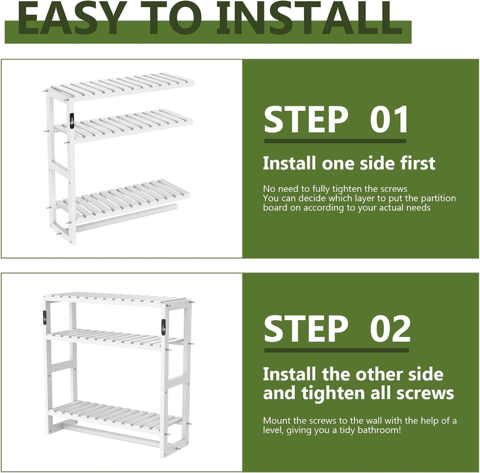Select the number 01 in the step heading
(389, 120)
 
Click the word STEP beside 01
(306, 120)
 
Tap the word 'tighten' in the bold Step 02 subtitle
(333, 393)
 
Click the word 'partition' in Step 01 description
(438, 198)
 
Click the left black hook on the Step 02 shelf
(44, 318)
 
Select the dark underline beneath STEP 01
(335, 141)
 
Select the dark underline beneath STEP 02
(336, 351)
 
